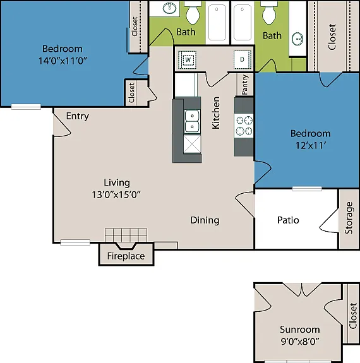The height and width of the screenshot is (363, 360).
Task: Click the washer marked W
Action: pyautogui.click(x=187, y=60)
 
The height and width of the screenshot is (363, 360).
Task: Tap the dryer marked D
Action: pyautogui.click(x=243, y=60)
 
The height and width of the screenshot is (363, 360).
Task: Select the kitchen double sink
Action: pyautogui.click(x=192, y=121)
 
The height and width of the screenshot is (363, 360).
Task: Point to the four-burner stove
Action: pyautogui.click(x=244, y=126)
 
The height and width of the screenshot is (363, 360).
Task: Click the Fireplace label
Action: pyautogui.click(x=126, y=256)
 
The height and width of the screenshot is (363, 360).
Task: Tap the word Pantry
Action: pyautogui.click(x=245, y=85)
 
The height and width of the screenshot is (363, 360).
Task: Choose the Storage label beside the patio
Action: pyautogui.click(x=349, y=218)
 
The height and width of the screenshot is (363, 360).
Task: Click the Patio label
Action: pyautogui.click(x=288, y=220)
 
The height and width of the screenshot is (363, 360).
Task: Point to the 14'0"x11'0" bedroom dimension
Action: pyautogui.click(x=63, y=61)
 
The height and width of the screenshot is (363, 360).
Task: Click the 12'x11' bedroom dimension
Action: pyautogui.click(x=311, y=146)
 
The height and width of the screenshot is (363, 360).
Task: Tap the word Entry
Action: pyautogui.click(x=78, y=116)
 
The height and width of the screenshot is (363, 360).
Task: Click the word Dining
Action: pyautogui.click(x=205, y=220)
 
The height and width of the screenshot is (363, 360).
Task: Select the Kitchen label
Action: pyautogui.click(x=216, y=113)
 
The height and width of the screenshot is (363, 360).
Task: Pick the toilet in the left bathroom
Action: pyautogui.click(x=193, y=12)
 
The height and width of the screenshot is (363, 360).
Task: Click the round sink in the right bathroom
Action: pyautogui.click(x=297, y=39)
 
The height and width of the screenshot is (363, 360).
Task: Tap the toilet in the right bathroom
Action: pyautogui.click(x=269, y=13)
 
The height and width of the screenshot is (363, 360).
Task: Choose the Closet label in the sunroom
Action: pyautogui.click(x=352, y=316)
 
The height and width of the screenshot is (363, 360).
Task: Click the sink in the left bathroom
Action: pyautogui.click(x=169, y=9)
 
